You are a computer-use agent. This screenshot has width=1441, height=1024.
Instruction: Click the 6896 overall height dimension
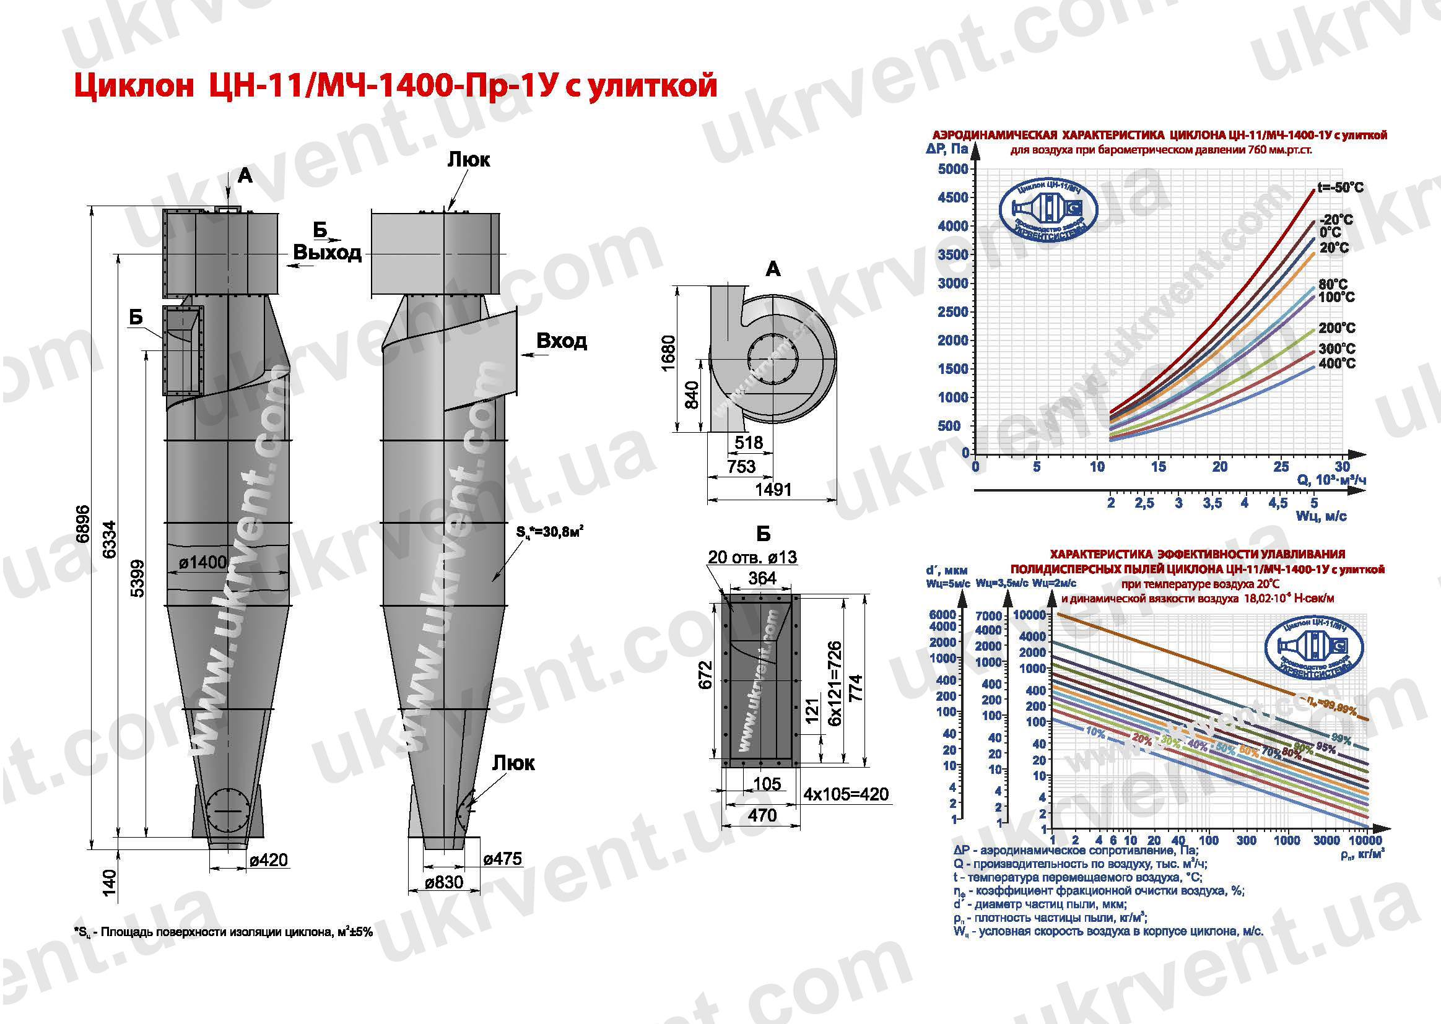(82, 524)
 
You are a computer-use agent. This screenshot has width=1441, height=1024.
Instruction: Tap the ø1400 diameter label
(202, 562)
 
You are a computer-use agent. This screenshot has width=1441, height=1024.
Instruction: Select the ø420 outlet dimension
(269, 859)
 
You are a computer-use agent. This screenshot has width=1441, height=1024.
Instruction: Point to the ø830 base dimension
(444, 882)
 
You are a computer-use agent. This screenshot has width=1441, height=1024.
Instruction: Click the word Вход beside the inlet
(561, 341)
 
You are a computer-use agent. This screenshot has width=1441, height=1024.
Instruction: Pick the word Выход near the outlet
(328, 253)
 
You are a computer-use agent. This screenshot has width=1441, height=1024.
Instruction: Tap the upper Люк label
(469, 160)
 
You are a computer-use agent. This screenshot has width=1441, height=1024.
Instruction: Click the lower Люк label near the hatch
(513, 763)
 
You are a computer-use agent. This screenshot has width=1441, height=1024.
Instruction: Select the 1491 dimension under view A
(773, 490)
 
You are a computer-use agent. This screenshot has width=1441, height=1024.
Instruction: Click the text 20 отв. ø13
(752, 557)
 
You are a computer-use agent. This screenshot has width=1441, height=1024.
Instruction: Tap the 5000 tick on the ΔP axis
(953, 169)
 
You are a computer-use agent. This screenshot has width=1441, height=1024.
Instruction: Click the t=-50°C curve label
(1340, 187)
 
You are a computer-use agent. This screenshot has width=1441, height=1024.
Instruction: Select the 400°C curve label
(1336, 363)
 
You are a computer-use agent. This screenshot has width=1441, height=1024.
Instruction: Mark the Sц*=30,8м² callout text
(549, 532)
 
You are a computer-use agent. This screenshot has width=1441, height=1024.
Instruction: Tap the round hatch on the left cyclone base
(228, 810)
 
